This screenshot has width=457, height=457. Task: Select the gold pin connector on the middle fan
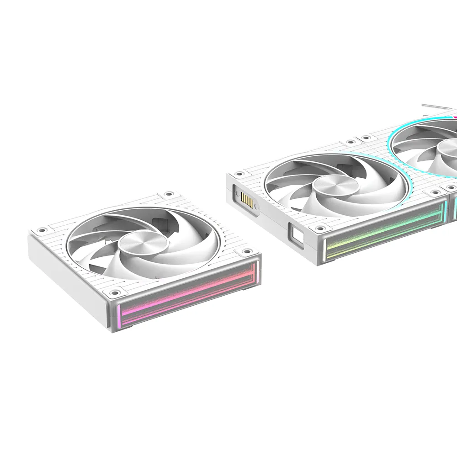pyautogui.click(x=246, y=200)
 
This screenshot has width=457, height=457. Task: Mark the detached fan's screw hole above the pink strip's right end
pyautogui.click(x=248, y=251)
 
